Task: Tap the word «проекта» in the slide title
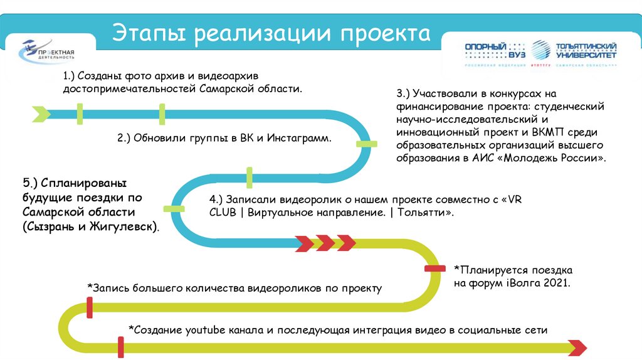click(x=386, y=33)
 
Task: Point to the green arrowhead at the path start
click(x=41, y=114)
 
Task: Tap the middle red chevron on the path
click(x=325, y=242)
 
